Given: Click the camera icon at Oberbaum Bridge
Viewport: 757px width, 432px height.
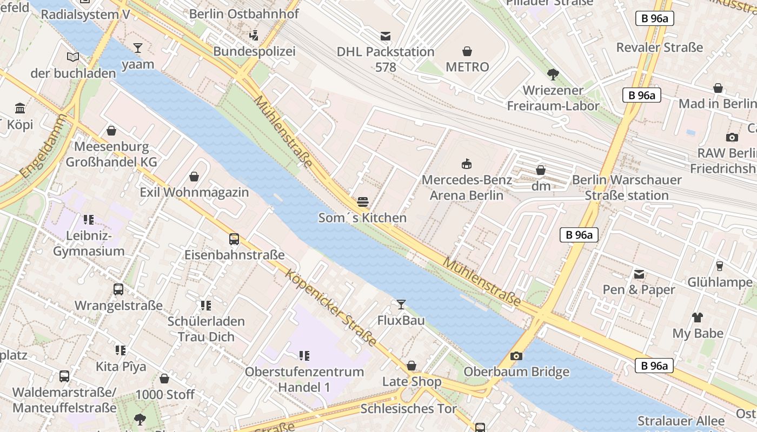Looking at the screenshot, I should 516,356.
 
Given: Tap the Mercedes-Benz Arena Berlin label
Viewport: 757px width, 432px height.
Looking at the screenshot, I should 467,187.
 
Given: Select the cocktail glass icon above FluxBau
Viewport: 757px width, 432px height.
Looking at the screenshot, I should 401,305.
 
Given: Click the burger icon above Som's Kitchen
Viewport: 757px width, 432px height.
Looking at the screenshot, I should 363,202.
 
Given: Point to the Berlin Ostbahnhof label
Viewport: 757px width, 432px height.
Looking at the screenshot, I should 244,14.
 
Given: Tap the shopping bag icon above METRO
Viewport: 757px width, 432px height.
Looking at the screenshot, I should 467,52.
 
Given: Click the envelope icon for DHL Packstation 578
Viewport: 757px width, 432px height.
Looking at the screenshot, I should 386,36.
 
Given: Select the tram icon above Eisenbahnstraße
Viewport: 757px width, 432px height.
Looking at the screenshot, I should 234,239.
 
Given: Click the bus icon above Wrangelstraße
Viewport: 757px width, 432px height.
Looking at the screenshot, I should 118,290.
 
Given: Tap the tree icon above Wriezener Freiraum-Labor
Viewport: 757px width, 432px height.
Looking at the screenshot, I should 553,75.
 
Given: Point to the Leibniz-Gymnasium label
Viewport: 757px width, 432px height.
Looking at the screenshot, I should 89,244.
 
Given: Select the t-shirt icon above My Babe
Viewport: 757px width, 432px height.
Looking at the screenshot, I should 698,318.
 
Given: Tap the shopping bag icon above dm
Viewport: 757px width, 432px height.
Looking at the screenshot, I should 541,171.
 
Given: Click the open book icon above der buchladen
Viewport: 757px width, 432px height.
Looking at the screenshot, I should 73,57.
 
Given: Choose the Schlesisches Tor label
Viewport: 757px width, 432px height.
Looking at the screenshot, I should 409,408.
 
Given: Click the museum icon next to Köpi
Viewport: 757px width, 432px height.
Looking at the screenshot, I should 21,108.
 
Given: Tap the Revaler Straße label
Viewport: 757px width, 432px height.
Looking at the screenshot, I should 660,48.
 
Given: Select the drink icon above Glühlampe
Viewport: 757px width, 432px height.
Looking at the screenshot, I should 719,266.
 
